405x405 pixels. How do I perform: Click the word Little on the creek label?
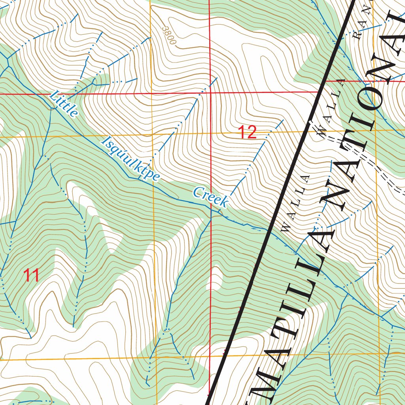coord(64,104)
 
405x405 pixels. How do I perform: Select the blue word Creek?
coord(210,197)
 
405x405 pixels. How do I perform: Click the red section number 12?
coord(247,132)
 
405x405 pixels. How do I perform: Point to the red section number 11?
coord(31,276)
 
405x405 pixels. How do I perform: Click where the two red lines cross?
coord(210,93)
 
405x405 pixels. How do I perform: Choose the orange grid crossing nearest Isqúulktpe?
coord(153,135)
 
